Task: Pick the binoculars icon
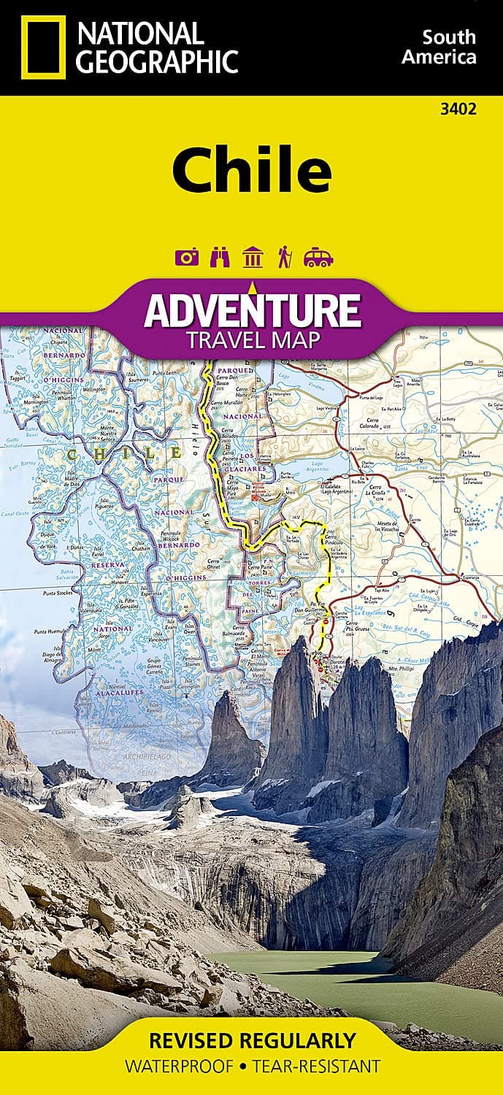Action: tap(218, 258)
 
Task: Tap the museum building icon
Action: tap(253, 258)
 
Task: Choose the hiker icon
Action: tap(285, 258)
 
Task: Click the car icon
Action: tap(318, 258)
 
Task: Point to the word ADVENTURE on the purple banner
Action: tap(252, 310)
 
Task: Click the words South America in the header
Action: tap(449, 47)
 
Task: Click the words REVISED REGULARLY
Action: tap(251, 1040)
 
